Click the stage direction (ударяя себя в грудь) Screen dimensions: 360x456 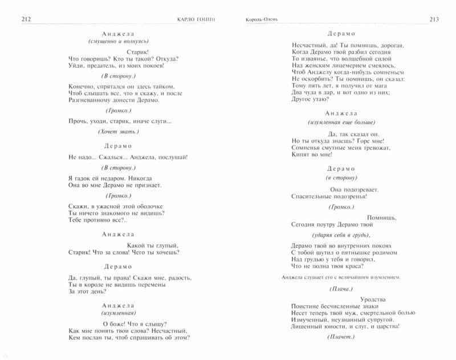pyautogui.click(x=340, y=235)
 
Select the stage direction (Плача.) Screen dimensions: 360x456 pyautogui.click(x=340, y=288)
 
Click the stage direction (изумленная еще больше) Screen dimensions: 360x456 pyautogui.click(x=340, y=122)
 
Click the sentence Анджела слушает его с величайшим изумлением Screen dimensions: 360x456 pyautogui.click(x=341, y=277)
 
